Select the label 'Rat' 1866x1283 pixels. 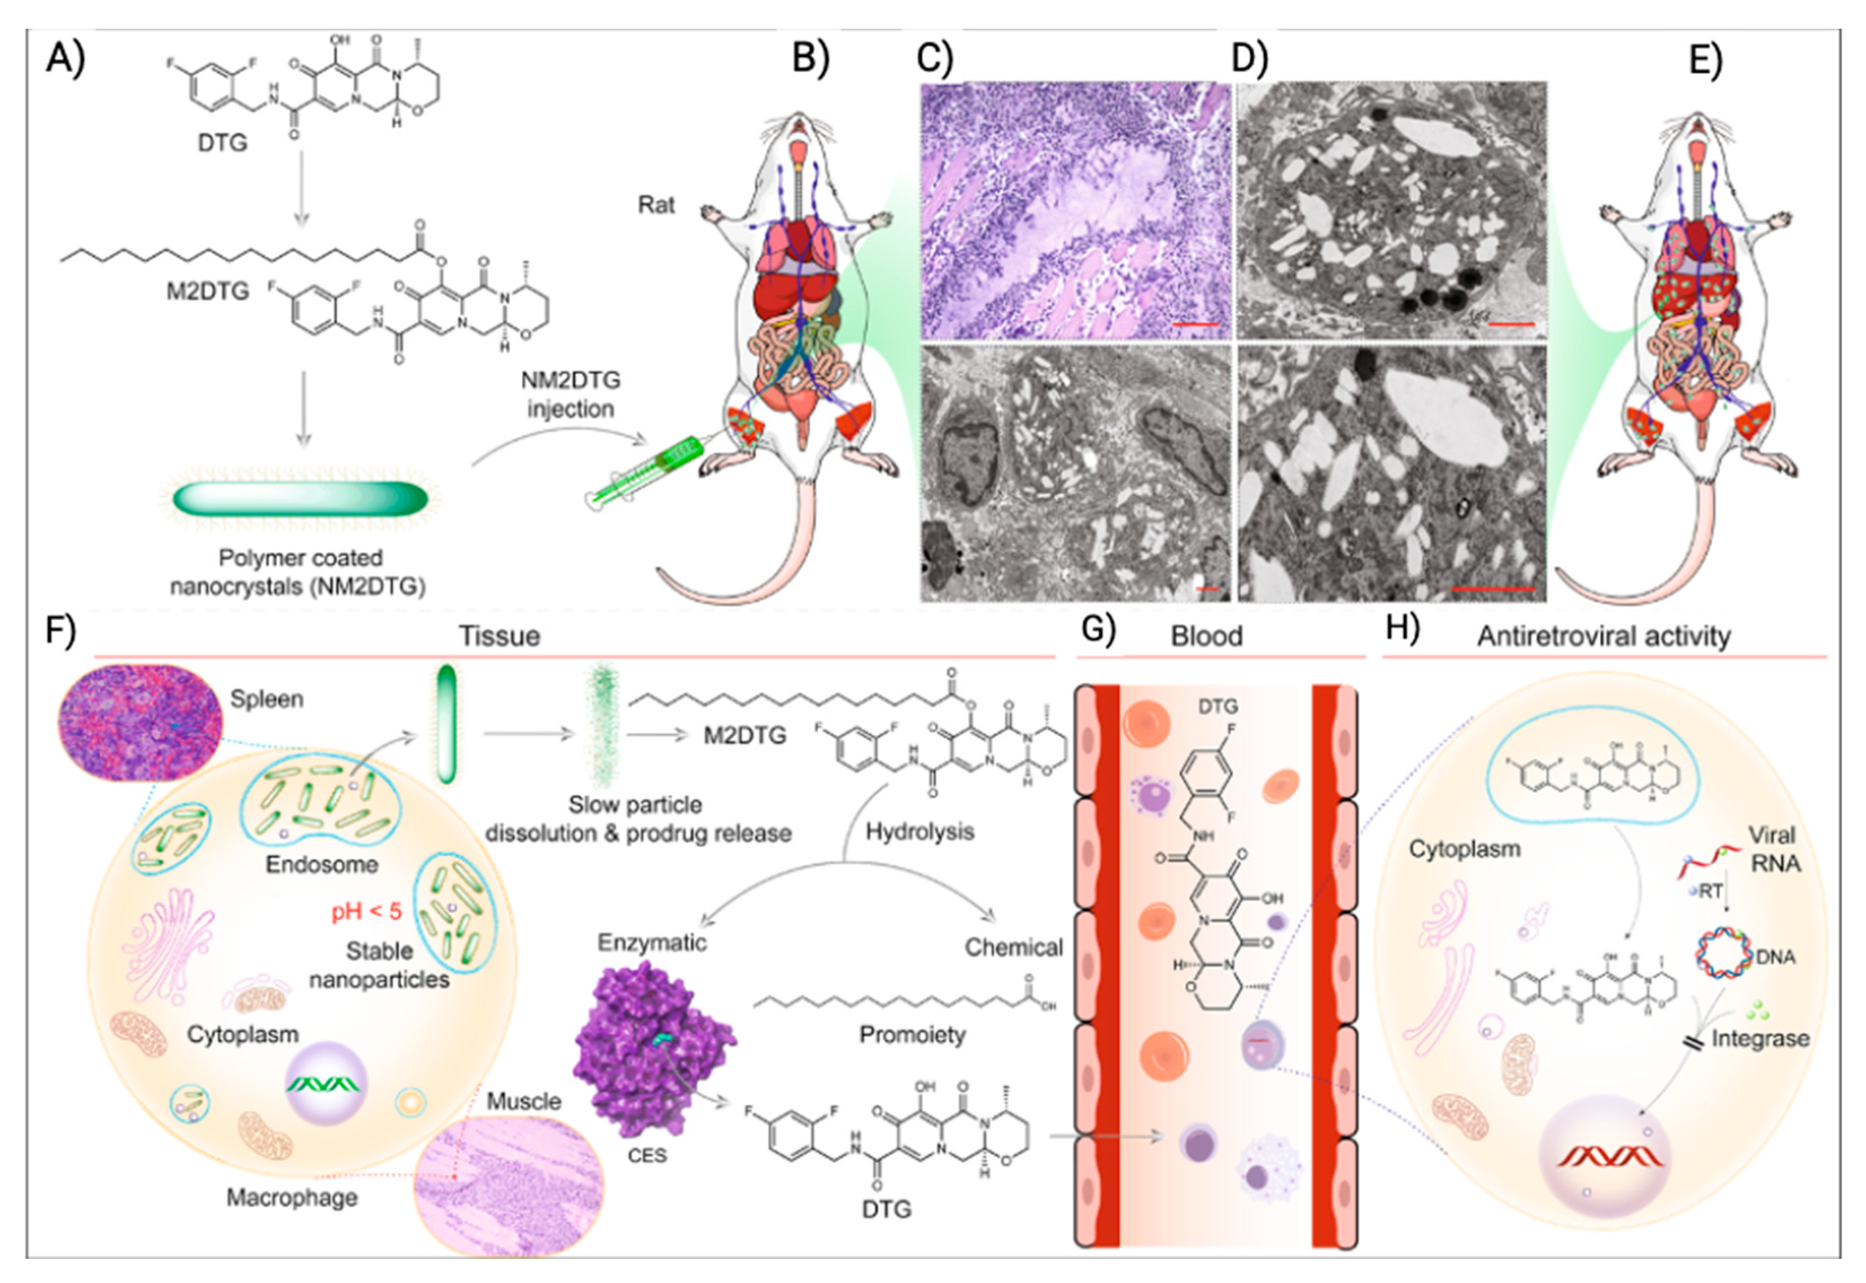(x=656, y=205)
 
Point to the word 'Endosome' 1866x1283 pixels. (x=322, y=864)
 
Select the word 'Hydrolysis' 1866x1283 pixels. (x=919, y=831)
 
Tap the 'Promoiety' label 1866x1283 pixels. (x=912, y=1035)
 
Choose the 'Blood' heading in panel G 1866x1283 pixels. (x=1206, y=636)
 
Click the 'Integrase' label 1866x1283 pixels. (x=1760, y=1039)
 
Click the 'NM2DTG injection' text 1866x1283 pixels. (x=570, y=394)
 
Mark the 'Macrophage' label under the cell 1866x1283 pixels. (x=292, y=1197)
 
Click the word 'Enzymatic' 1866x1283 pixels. (x=651, y=942)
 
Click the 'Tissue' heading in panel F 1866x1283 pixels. (x=500, y=636)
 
